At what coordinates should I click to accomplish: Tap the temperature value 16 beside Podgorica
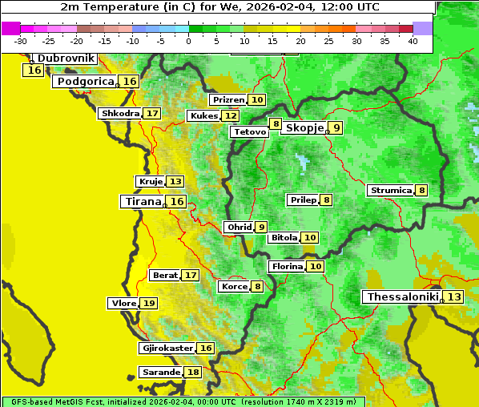130,82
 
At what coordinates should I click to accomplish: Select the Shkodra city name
119,114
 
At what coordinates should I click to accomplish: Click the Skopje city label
304,128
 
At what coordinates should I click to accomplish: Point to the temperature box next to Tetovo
276,124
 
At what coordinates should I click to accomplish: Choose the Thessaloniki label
403,297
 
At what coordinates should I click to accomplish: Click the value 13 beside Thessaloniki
454,297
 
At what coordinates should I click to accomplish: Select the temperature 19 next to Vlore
149,304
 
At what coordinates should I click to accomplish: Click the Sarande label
160,373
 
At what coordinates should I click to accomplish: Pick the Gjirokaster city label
167,349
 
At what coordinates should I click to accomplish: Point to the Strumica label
390,191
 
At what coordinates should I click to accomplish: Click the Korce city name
234,287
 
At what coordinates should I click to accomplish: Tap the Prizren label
227,100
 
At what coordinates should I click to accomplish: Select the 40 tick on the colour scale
413,40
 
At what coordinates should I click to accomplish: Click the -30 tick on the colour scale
20,40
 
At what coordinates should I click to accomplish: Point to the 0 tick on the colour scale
188,40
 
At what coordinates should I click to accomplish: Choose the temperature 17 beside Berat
190,276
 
